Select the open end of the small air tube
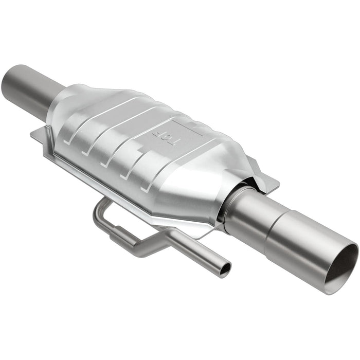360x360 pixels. click(224, 269)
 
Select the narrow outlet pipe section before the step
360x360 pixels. click(247, 216)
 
